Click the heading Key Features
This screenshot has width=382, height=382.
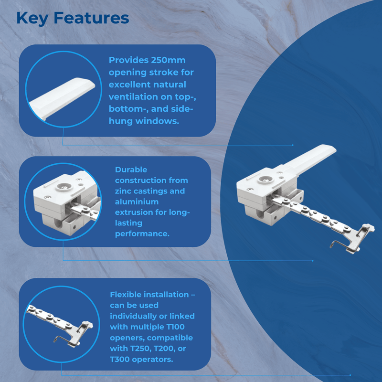pos(73,19)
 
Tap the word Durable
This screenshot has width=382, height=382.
pos(131,170)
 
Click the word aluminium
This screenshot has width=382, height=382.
pos(137,202)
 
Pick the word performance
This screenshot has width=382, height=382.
pos(142,234)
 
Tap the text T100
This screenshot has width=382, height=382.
pos(175,327)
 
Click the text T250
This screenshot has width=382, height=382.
pos(140,349)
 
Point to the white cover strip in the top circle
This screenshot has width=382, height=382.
pos(62,98)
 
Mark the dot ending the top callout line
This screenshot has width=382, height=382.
pos(293,145)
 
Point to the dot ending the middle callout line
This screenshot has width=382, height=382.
pos(313,261)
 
